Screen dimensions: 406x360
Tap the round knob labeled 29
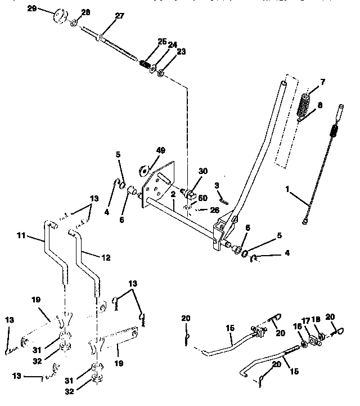tap(60, 16)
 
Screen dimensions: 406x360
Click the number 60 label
tap(203, 198)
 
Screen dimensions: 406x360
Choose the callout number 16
tap(296, 326)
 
